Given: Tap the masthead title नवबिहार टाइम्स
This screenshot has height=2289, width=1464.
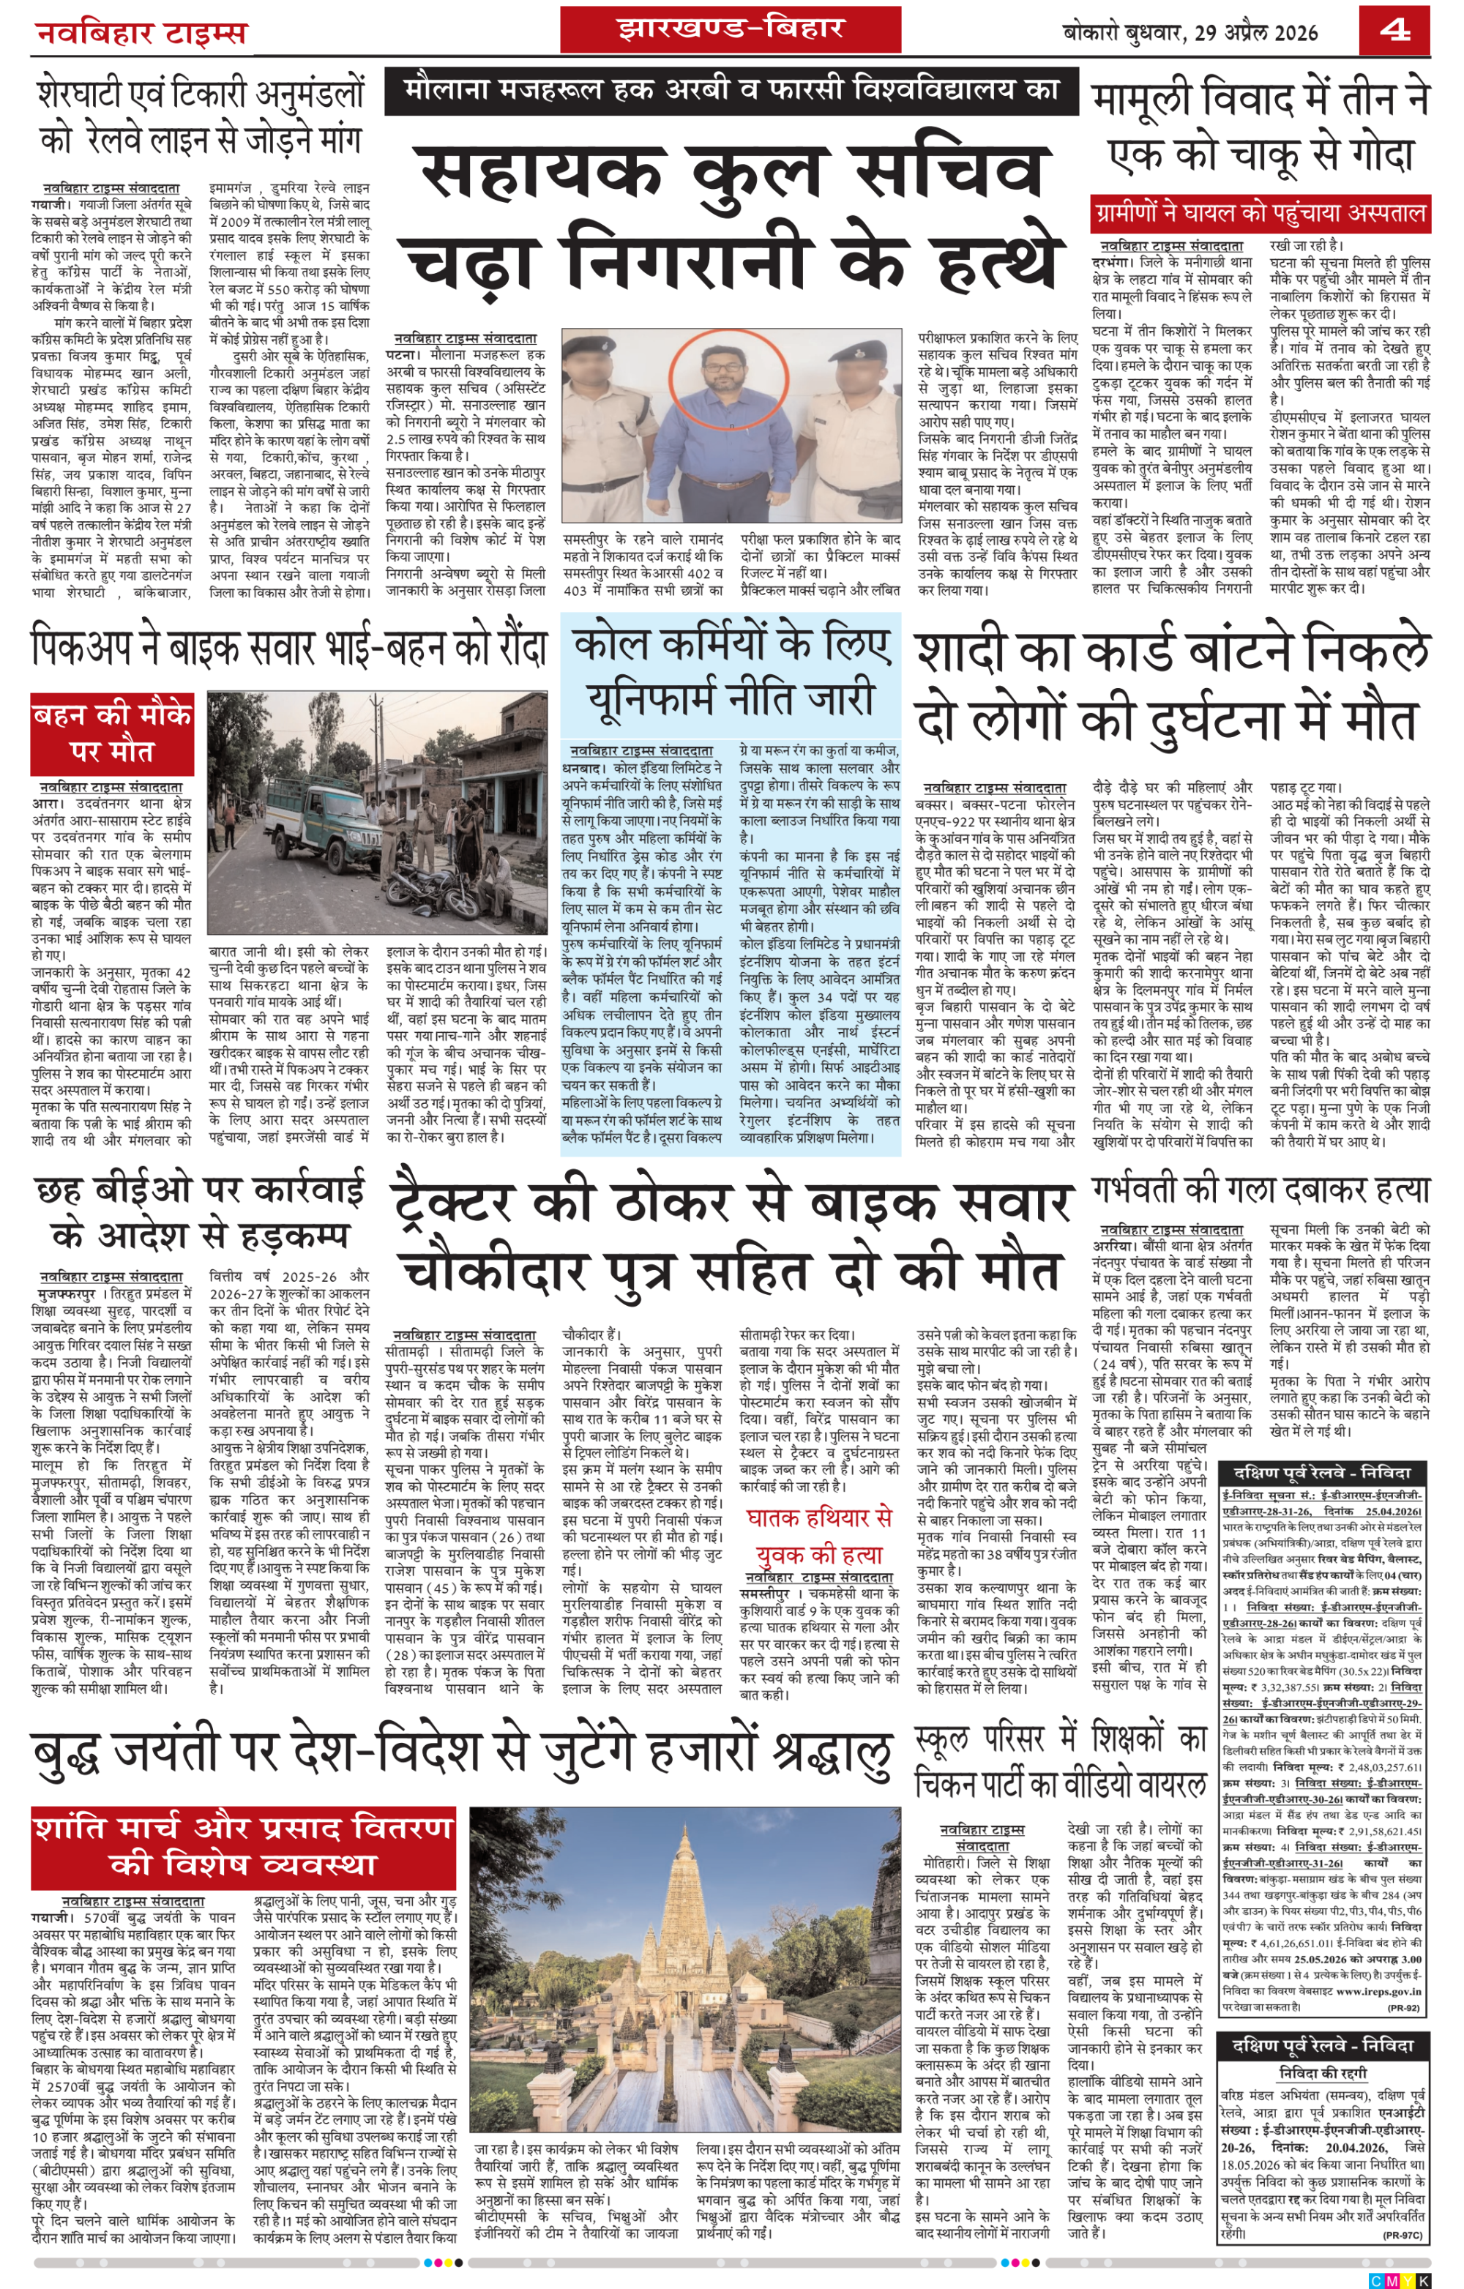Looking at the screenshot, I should click(141, 33).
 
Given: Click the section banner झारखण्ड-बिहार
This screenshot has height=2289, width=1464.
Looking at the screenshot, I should click(730, 29).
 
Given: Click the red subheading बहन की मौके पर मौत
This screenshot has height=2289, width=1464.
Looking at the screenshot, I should click(111, 732).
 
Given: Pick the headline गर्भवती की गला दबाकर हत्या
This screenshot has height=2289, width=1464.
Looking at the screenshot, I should click(1260, 1191).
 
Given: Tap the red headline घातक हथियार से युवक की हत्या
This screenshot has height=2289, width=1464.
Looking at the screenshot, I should click(819, 1536).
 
